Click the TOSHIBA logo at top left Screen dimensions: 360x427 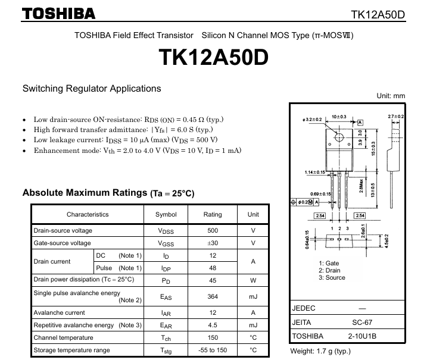pos(58,13)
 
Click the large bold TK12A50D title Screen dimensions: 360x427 pos(213,58)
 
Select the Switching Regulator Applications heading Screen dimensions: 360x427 pos(92,89)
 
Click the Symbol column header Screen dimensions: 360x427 pos(166,214)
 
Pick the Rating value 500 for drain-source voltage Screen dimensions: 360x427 pos(213,230)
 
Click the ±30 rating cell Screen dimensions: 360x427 pos(213,243)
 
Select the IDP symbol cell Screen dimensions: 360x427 pos(166,268)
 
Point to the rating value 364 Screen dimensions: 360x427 pos(213,296)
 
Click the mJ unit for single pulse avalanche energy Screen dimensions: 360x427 pos(253,296)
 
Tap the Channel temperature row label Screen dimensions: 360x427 pos(64,337)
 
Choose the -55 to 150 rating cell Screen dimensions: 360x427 pos(213,350)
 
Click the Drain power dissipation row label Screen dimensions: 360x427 pos(84,280)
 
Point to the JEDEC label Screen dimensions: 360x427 pos(304,308)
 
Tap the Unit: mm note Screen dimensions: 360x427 pos(391,95)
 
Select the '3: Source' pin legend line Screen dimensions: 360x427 pos(332,278)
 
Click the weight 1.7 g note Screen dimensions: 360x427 pos(320,351)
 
